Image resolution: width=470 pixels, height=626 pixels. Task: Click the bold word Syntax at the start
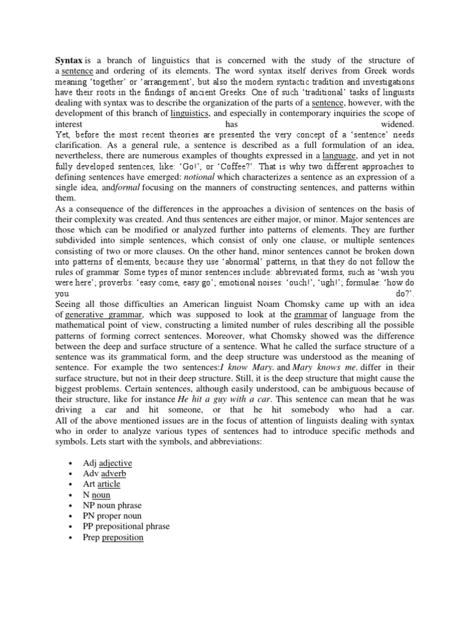[x=69, y=60]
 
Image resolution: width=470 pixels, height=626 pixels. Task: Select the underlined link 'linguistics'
[x=190, y=114]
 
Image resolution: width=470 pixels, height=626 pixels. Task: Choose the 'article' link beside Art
[x=109, y=484]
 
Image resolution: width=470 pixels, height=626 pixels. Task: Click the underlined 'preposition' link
[x=122, y=537]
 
